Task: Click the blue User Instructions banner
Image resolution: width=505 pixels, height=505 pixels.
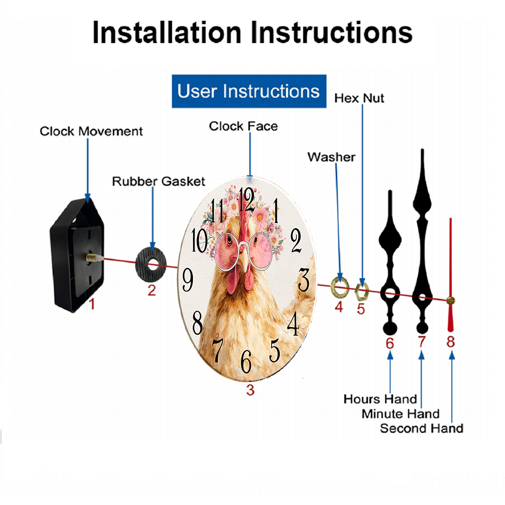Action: coord(249,91)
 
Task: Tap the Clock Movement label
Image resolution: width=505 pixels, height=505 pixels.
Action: coord(91,131)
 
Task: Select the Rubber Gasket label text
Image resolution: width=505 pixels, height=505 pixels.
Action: coord(159,181)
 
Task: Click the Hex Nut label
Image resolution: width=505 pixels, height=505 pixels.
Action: coord(359,98)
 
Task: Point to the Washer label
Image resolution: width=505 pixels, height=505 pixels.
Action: coord(331,157)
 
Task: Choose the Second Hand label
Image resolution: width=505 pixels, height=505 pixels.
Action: coord(422,428)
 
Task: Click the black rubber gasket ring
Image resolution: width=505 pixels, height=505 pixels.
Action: coord(150,265)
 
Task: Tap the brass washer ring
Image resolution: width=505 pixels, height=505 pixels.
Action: coord(340,286)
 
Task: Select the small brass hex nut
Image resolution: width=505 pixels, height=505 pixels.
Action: coord(362,291)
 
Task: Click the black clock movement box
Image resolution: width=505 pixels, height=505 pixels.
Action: coord(77,255)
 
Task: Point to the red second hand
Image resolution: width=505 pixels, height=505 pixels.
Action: coord(450,275)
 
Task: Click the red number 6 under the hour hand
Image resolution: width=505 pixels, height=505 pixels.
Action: coord(390,343)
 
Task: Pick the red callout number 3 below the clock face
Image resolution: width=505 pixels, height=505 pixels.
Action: coord(250,390)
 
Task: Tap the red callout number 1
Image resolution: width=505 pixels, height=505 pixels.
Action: coord(92,304)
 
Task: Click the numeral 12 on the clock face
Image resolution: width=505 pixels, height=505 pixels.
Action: coord(246,199)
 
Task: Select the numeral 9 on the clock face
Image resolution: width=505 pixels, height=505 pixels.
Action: coord(188,280)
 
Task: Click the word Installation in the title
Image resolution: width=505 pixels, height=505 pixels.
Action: coord(167,32)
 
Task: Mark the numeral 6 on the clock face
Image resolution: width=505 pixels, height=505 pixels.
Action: coord(246,362)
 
